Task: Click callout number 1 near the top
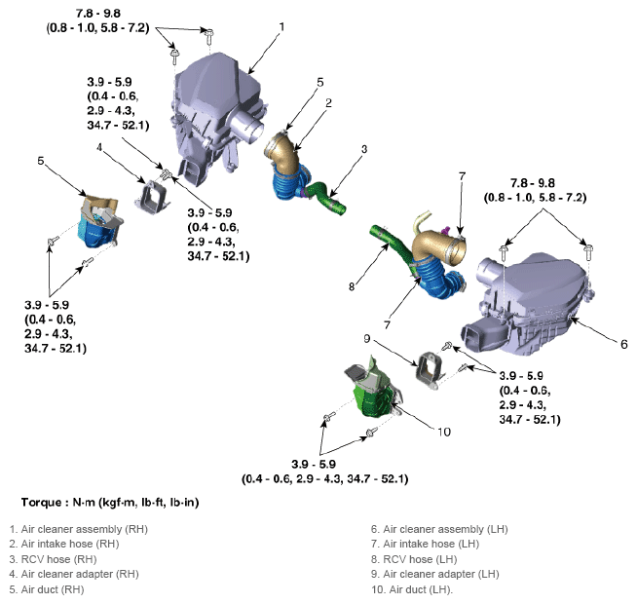(281, 26)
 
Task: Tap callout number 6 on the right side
(623, 344)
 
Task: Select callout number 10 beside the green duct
(444, 432)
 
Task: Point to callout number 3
(363, 149)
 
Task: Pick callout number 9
(367, 339)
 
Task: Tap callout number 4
(99, 147)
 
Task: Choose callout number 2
(329, 102)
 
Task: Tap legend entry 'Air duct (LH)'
(421, 589)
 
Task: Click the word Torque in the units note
(44, 503)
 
